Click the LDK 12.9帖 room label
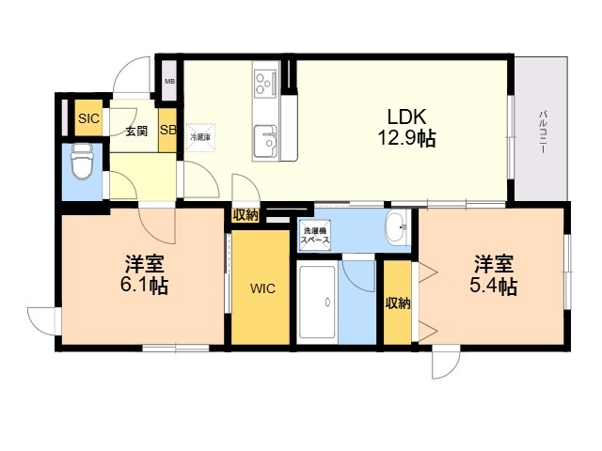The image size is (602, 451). point(406,128)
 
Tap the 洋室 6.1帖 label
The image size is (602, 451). point(144,274)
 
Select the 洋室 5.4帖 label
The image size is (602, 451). point(493,274)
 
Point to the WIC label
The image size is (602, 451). point(263,288)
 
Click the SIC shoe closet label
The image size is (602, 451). point(88,119)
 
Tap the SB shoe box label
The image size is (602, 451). point(167,130)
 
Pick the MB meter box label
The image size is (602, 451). point(169,82)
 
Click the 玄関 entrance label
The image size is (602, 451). point(136,132)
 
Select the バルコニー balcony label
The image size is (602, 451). point(543,132)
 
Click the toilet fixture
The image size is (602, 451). point(83,161)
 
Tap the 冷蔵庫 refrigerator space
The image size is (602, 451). point(200,138)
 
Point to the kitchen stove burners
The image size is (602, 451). point(265,83)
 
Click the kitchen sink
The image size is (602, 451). point(265,141)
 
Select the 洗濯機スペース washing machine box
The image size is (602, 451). point(315,236)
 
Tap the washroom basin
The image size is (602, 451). point(397,227)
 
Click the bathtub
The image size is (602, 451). point(317,303)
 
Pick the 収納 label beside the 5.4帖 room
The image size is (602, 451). point(398,303)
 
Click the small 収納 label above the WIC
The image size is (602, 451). point(246,215)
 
